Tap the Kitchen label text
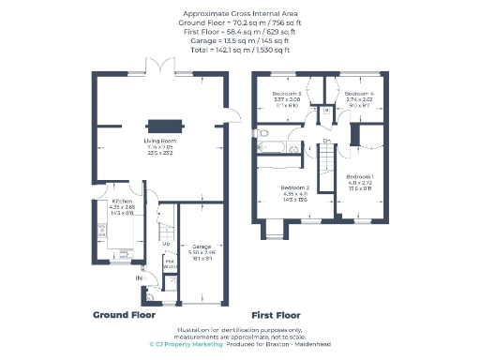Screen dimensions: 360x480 120,201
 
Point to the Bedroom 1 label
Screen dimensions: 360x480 361,177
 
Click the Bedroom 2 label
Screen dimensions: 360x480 294,187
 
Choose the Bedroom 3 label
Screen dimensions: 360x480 287,95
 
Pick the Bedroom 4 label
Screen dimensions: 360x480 357,95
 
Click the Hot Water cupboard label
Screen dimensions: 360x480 171,264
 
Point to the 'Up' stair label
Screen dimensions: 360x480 167,244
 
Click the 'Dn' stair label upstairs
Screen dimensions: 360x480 326,142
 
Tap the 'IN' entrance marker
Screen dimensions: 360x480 137,278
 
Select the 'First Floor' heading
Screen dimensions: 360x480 278,315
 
